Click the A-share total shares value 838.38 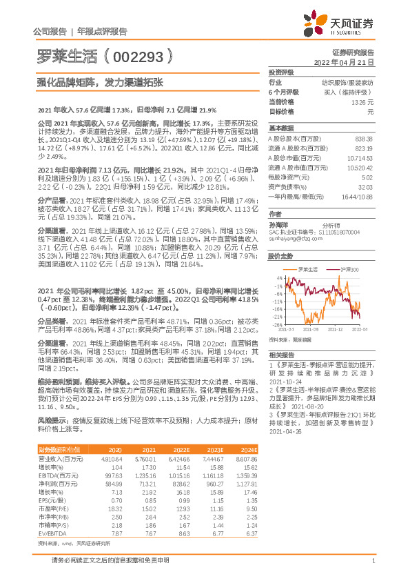(x=363, y=139)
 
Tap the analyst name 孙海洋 (x=278, y=225)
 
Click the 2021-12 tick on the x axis (x=334, y=330)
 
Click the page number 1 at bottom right (x=373, y=560)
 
